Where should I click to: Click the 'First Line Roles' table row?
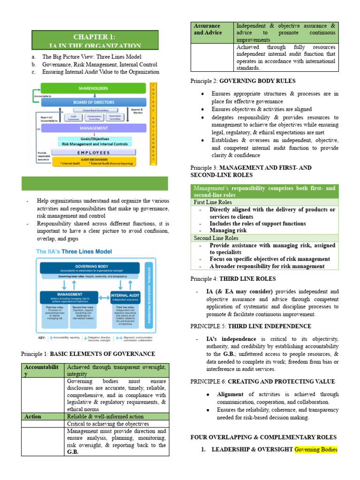point(213,202)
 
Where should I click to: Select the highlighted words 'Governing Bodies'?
point(316,450)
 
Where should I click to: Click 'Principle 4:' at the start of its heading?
point(206,278)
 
